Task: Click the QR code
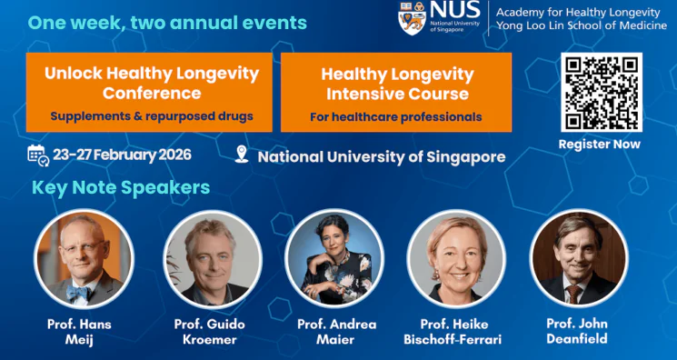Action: (601, 92)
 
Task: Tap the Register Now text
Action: (599, 144)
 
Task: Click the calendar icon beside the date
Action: (37, 155)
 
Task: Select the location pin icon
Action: (241, 155)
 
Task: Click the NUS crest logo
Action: (412, 16)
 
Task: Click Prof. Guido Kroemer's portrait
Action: (212, 260)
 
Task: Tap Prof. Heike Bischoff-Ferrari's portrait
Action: (455, 260)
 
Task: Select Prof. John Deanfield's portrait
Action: (578, 260)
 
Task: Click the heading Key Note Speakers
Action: (121, 188)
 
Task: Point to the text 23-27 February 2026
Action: (122, 155)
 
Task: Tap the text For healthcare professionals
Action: (395, 116)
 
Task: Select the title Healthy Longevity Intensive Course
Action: (397, 84)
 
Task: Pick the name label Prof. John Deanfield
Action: (577, 332)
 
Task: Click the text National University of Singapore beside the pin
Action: (382, 156)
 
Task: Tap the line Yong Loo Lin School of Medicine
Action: (581, 25)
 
